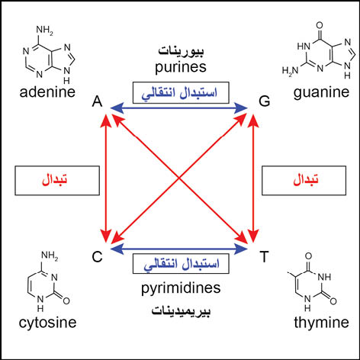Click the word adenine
coord(47,92)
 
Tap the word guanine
coord(321,93)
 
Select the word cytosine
coord(47,323)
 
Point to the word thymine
coord(321,323)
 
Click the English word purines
coord(181,68)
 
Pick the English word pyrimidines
coord(181,288)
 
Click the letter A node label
coord(98,101)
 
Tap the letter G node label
coord(265,101)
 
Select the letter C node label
coord(97,257)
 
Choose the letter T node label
coord(264,256)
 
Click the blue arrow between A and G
coord(179,108)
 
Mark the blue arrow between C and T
coord(179,249)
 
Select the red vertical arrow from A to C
coord(106,178)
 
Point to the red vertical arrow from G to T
coord(253,178)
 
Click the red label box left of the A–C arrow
coord(57,181)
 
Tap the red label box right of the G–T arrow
coord(304,181)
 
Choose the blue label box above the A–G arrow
coord(181,92)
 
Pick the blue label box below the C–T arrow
coord(181,263)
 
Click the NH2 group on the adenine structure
coord(45,31)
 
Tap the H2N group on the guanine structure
coord(291,71)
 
